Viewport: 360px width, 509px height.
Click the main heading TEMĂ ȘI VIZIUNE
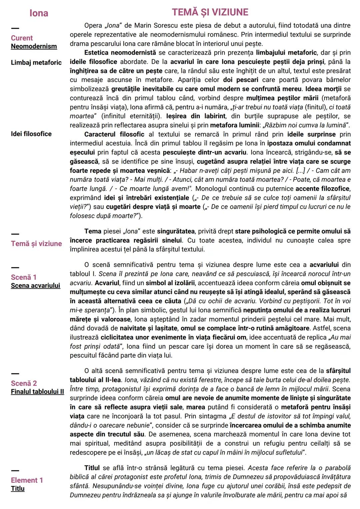(210, 12)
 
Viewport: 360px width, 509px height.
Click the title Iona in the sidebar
(39, 13)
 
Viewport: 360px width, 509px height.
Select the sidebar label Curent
(22, 38)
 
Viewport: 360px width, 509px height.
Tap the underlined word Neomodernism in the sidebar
(34, 46)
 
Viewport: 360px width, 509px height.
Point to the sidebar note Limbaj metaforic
(36, 62)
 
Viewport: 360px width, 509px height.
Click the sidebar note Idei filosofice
(31, 134)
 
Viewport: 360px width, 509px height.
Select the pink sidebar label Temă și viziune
(36, 244)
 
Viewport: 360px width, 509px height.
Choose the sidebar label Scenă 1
(24, 277)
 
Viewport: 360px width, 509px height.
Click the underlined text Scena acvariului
(35, 286)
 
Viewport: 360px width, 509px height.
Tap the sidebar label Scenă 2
(24, 383)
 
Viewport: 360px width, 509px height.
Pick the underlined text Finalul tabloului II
(37, 392)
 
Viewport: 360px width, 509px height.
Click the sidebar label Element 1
(27, 480)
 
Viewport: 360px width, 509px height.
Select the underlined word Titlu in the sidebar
(18, 489)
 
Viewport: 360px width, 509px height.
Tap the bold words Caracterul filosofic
(114, 134)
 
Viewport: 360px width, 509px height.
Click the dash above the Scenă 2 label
(15, 373)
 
